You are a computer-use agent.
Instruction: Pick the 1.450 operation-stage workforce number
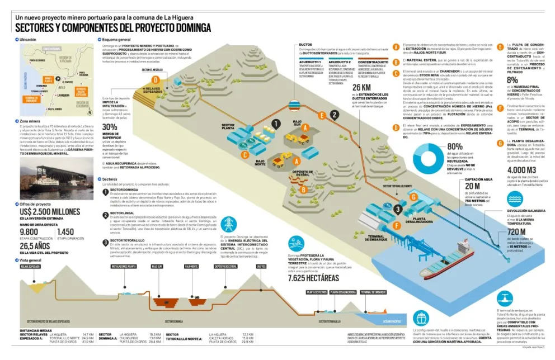coord(65,232)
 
